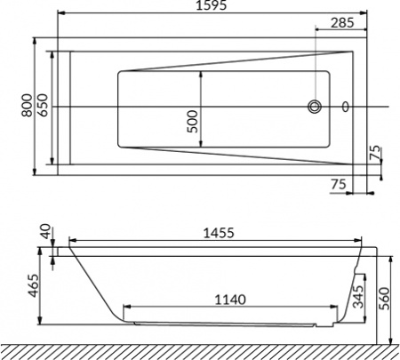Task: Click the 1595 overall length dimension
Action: tap(213, 6)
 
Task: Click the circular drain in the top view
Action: tap(315, 108)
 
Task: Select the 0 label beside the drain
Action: tap(345, 108)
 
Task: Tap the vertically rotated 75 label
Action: tap(375, 152)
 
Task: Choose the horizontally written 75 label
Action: tap(338, 183)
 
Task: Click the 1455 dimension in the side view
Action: tap(213, 233)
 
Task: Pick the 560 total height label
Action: tap(384, 297)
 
